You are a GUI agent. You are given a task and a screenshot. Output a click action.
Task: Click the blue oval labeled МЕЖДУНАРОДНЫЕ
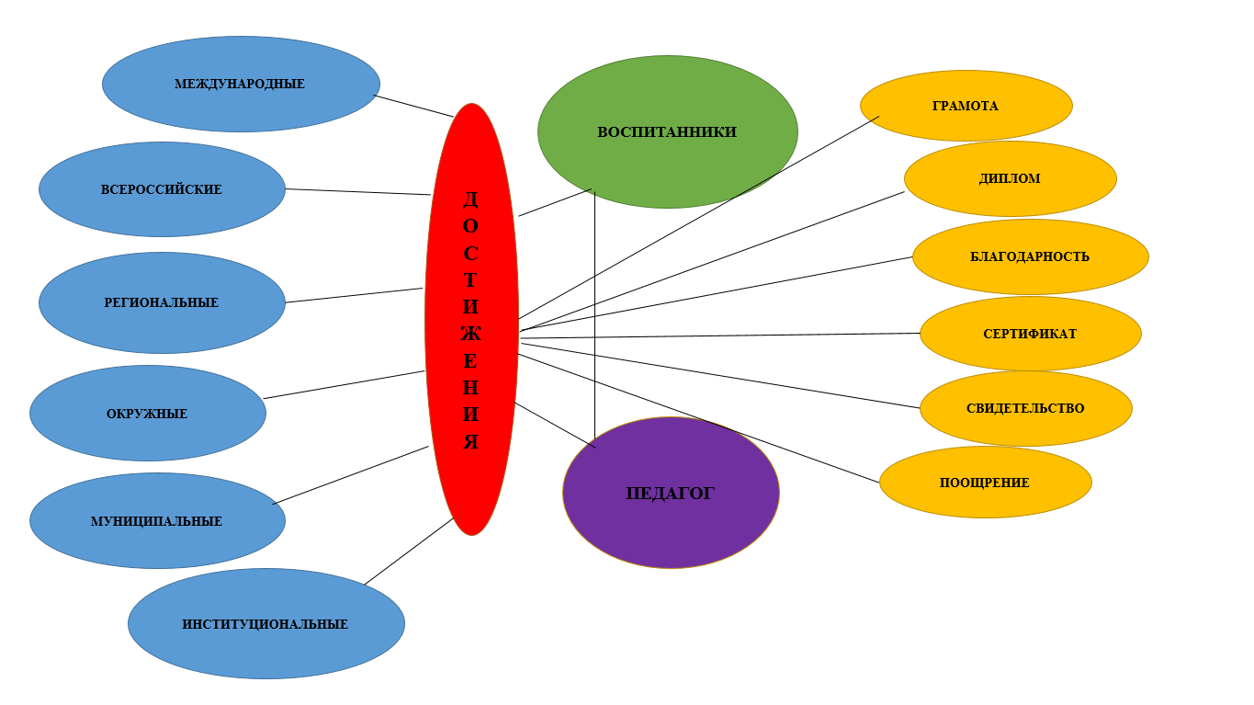(x=241, y=84)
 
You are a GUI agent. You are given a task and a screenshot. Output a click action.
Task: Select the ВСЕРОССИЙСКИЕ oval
(x=162, y=189)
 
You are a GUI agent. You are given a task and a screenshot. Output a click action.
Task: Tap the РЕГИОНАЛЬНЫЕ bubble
(x=162, y=302)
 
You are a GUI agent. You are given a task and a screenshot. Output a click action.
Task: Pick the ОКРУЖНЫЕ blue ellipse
(x=147, y=414)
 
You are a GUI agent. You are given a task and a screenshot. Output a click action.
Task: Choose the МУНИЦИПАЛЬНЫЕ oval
(x=157, y=521)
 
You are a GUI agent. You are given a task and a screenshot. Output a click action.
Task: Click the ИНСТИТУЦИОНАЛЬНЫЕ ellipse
(x=265, y=624)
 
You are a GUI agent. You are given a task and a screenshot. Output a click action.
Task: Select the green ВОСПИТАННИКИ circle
(x=667, y=131)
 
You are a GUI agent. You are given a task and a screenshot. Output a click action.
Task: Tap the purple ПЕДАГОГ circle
(x=671, y=494)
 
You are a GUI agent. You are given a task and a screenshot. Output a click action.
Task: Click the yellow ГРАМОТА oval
(x=966, y=106)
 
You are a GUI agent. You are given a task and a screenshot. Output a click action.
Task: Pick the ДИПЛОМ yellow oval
(x=1010, y=178)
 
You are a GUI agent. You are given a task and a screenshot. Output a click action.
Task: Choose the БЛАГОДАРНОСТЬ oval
(x=1030, y=256)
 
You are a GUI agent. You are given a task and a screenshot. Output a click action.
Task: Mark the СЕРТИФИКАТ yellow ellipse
(x=1030, y=334)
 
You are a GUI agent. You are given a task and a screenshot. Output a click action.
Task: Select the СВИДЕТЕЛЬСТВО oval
(x=1025, y=408)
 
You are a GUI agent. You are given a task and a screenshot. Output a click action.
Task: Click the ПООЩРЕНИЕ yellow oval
(x=985, y=483)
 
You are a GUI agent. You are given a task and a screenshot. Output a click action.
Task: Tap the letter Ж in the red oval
(x=470, y=333)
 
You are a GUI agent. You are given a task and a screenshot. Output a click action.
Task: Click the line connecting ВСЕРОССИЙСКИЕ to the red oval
(x=358, y=192)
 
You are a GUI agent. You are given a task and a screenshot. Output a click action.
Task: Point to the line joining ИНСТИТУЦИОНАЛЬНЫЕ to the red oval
(x=409, y=551)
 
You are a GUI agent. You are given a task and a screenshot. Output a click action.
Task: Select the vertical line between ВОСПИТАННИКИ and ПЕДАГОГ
(x=594, y=313)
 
